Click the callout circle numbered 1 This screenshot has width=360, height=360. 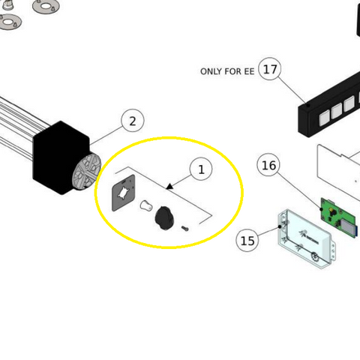click(x=201, y=170)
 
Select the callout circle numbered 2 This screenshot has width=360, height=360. click(x=133, y=121)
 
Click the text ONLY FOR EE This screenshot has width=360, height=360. click(x=227, y=72)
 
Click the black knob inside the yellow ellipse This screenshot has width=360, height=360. click(x=163, y=217)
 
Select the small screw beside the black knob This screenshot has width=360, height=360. click(x=185, y=228)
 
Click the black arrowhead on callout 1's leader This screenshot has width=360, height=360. click(x=170, y=184)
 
